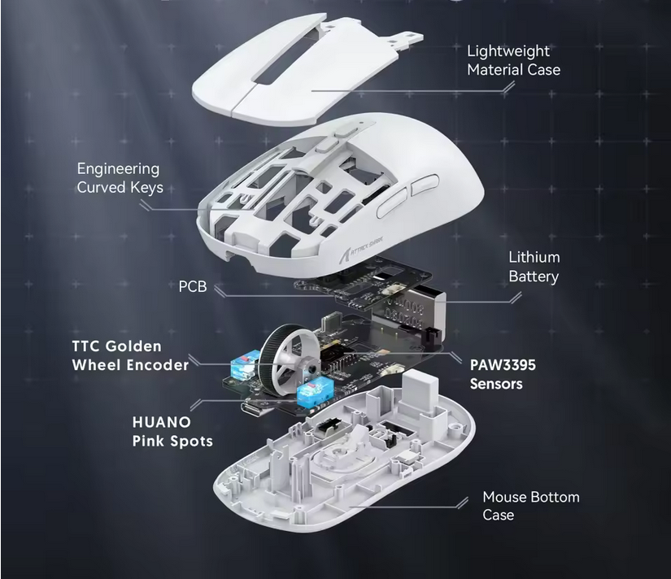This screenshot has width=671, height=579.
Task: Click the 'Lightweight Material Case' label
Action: tap(513, 60)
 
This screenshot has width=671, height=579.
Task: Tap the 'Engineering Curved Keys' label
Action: tap(120, 178)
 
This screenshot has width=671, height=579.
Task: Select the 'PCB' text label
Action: tap(193, 286)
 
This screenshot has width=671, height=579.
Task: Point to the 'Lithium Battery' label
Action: tap(534, 267)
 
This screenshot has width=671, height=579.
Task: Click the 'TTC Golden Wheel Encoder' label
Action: tap(130, 355)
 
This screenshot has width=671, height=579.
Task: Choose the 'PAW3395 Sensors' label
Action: tap(503, 374)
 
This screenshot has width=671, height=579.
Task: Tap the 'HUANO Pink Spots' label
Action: tap(172, 431)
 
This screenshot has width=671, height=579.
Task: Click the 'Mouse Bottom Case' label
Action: tap(531, 505)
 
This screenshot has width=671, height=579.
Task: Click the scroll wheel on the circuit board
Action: tap(286, 359)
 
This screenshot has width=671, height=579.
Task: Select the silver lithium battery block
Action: tap(408, 311)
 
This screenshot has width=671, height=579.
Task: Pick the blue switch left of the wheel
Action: tap(245, 364)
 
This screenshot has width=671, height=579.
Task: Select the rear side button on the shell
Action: tap(425, 185)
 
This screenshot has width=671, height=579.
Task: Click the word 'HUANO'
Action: tap(161, 422)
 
